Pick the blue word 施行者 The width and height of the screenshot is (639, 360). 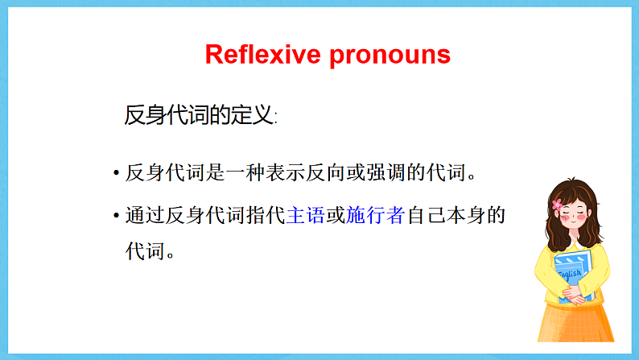(x=375, y=217)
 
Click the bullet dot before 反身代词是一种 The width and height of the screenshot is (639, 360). (x=117, y=174)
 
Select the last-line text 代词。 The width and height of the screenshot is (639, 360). (x=150, y=250)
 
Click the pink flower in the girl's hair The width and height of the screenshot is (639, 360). (x=558, y=205)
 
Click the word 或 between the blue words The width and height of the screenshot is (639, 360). (x=336, y=217)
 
